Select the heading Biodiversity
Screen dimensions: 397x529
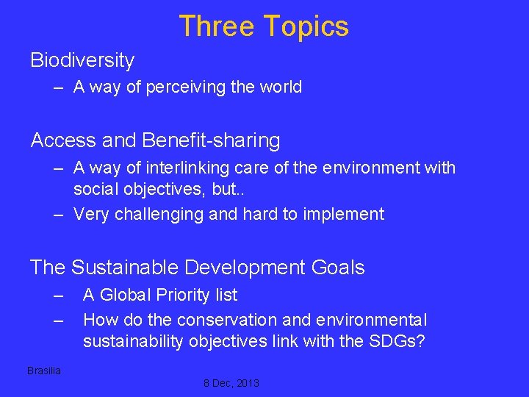pos(82,60)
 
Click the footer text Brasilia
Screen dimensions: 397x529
pos(44,371)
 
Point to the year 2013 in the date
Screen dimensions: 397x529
pos(246,383)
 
